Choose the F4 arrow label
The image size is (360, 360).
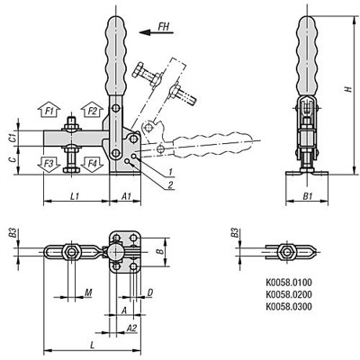pyautogui.click(x=92, y=164)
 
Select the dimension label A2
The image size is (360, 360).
pyautogui.click(x=130, y=328)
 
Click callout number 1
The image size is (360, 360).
pyautogui.click(x=169, y=171)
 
